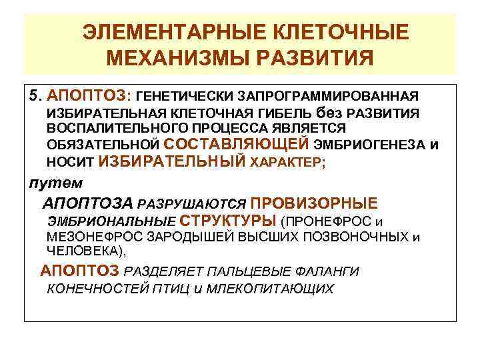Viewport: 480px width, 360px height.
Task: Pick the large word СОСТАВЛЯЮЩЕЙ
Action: [x=236, y=143]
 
